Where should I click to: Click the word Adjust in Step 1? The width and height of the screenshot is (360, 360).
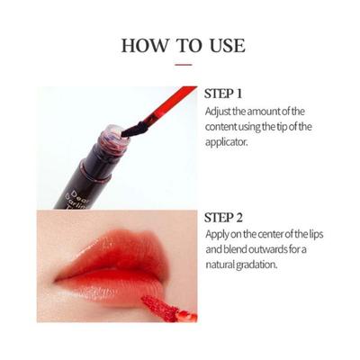[x=219, y=110]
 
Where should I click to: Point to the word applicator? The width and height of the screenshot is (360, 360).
[x=229, y=140]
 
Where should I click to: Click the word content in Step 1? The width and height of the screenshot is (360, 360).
[x=224, y=125]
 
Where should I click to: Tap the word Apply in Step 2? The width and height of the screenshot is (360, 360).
[x=218, y=234]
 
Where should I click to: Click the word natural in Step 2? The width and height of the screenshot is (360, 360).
[x=223, y=265]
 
